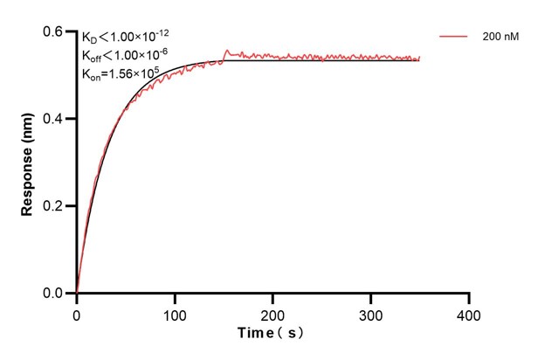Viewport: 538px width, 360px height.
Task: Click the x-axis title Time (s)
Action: [272, 334]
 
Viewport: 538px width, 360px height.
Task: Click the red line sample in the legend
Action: [455, 37]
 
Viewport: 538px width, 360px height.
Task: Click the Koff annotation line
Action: [124, 54]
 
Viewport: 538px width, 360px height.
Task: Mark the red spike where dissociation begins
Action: [228, 52]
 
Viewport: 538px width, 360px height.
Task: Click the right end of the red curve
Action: [419, 59]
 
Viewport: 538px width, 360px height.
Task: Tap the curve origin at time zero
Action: [77, 293]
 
